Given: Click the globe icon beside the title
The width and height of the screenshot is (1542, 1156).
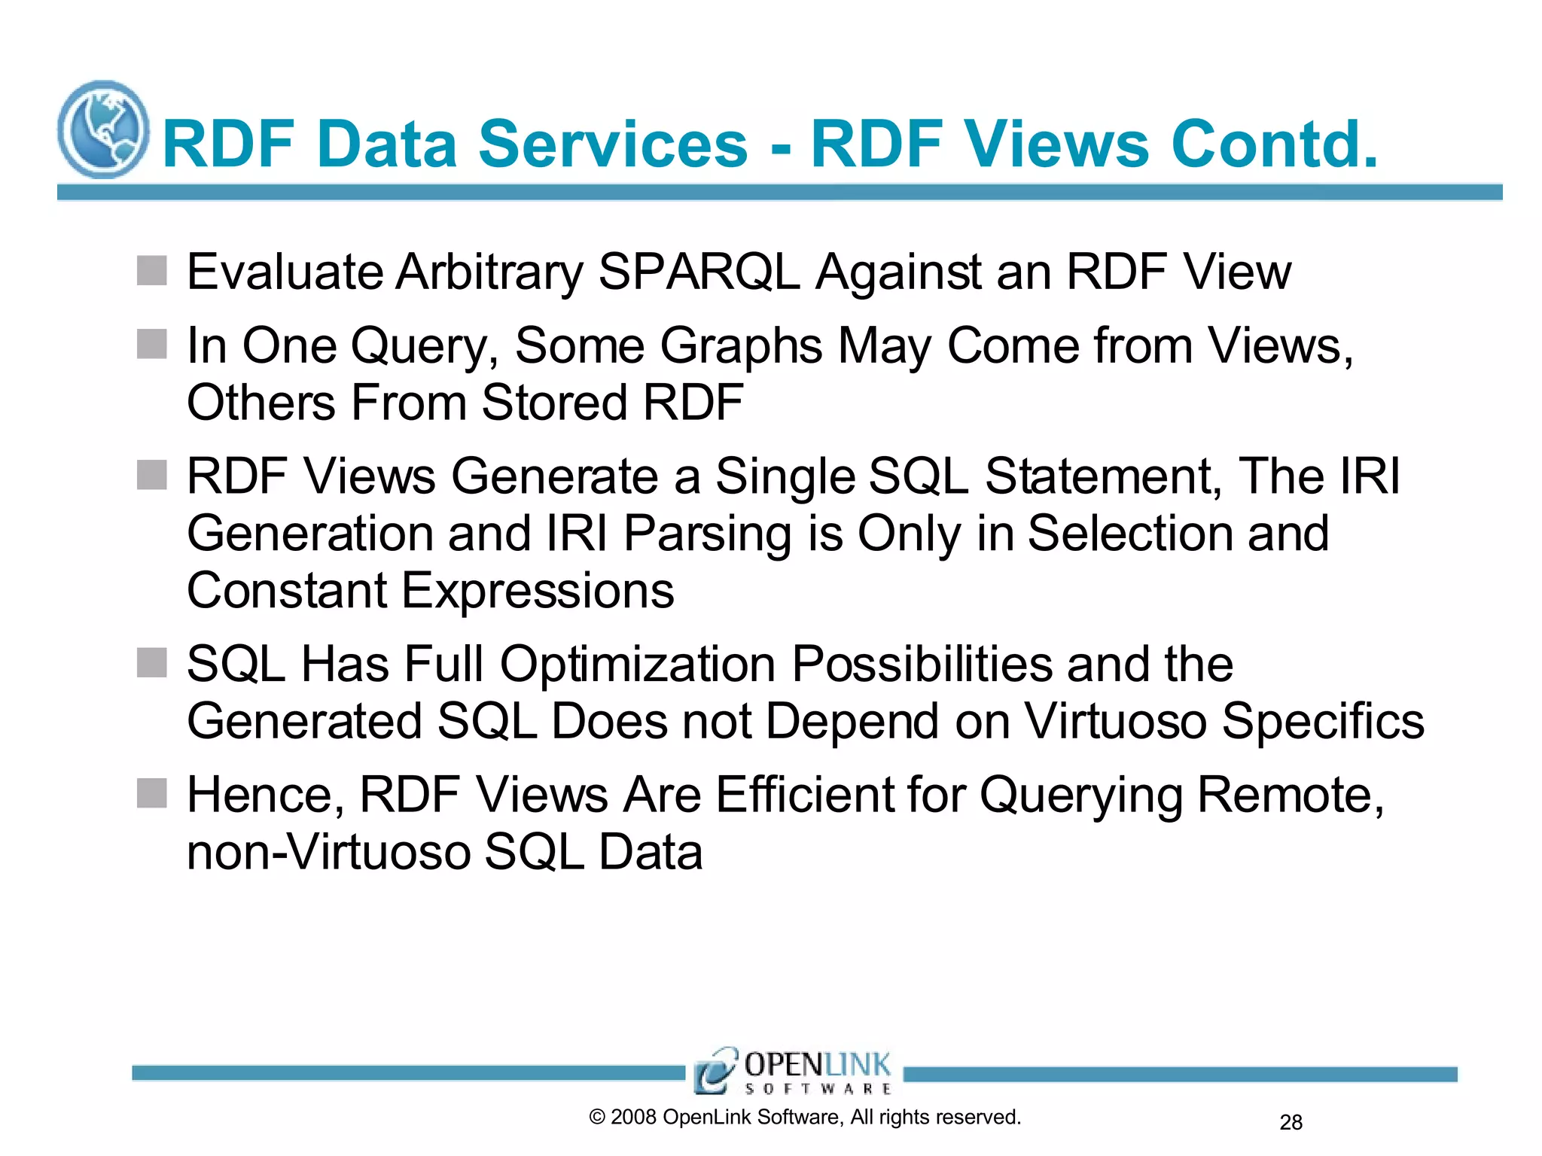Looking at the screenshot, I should coord(103,129).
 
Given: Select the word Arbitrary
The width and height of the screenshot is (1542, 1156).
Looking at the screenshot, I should coord(489,272).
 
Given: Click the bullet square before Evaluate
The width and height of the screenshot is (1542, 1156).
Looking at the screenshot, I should coord(151,271).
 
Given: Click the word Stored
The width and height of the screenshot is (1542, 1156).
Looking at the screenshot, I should coord(555,402).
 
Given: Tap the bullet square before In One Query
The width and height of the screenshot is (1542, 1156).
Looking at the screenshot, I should coord(151,344).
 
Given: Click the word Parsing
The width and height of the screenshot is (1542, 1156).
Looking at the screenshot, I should coord(707,534).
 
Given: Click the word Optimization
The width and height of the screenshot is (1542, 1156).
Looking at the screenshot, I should coord(638,664).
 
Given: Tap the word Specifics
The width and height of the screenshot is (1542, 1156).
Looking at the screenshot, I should coord(1322,721).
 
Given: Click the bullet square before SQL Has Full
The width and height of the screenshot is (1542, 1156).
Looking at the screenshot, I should coord(151,663).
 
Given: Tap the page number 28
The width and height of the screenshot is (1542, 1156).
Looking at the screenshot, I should coord(1291,1123).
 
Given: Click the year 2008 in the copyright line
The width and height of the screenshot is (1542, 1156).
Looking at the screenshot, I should coord(633,1118).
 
